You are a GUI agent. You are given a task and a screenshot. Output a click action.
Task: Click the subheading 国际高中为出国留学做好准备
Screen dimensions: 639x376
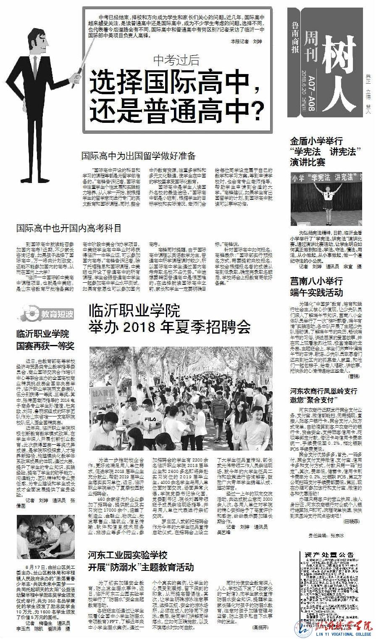138,156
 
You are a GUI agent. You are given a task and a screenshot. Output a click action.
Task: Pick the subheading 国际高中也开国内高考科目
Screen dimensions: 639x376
69,228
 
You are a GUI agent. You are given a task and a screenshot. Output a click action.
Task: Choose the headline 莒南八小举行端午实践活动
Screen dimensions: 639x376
316,286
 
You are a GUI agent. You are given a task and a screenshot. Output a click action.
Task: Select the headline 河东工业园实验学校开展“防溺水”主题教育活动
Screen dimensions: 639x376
141,561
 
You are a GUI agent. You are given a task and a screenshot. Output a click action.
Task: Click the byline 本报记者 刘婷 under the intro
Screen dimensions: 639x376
246,42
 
